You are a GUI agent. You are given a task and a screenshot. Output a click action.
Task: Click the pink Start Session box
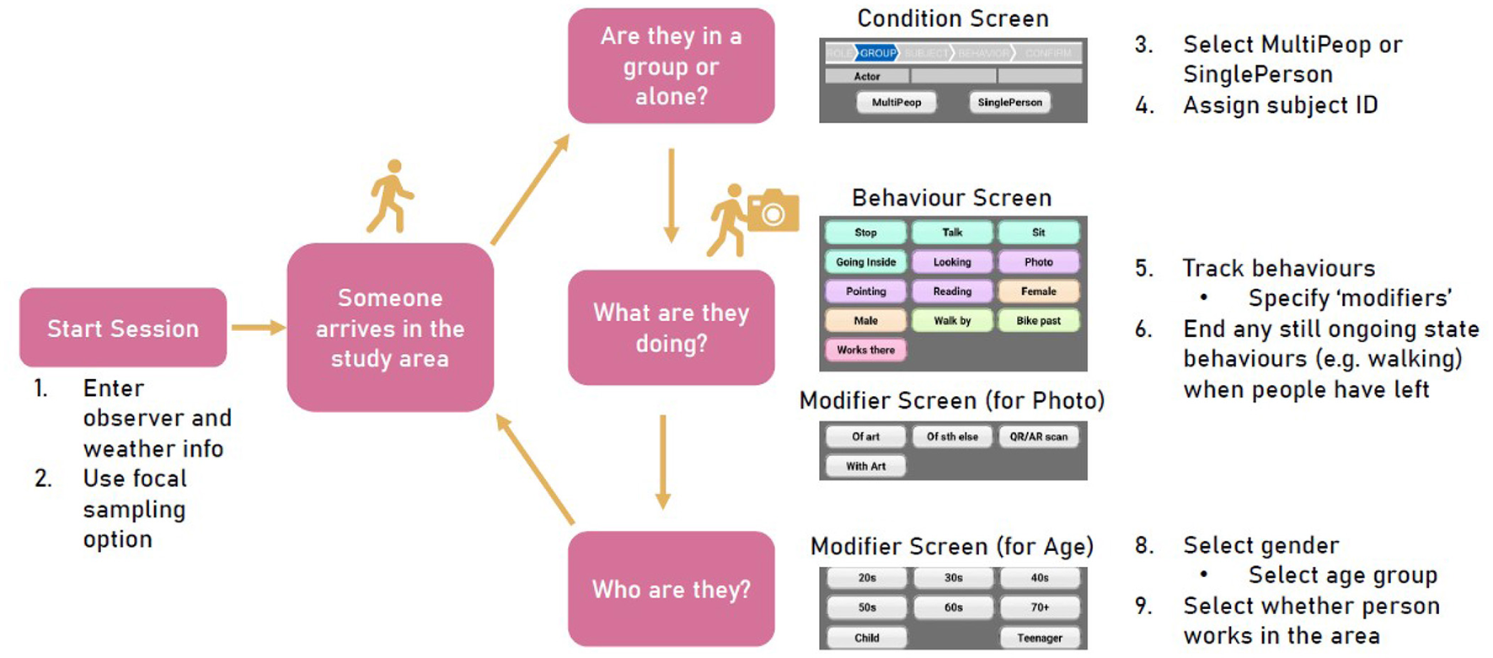click(x=123, y=328)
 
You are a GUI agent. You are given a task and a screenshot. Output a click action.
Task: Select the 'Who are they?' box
click(x=671, y=589)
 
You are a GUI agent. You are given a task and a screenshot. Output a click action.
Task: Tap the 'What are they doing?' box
click(x=671, y=328)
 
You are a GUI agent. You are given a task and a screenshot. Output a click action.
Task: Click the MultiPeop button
click(x=896, y=102)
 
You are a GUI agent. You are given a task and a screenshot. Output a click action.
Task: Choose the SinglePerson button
click(x=1009, y=102)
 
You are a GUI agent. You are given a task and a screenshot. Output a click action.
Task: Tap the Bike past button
click(x=1038, y=320)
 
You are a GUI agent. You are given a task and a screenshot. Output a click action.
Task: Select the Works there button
click(x=865, y=350)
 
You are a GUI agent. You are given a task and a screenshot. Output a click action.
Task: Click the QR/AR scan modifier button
click(x=1038, y=436)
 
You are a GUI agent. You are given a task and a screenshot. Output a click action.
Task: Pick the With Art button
click(x=865, y=466)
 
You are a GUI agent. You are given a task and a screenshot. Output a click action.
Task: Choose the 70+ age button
click(x=1040, y=607)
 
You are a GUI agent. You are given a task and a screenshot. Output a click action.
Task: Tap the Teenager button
click(x=1040, y=638)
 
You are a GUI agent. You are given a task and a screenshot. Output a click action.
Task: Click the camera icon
click(x=773, y=211)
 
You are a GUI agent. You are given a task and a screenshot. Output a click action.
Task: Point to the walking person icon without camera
click(x=390, y=196)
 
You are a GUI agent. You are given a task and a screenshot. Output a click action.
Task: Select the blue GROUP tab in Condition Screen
click(x=877, y=53)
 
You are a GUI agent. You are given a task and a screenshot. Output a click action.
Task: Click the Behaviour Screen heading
click(x=951, y=198)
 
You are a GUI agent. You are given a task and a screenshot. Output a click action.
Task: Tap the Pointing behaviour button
click(x=865, y=292)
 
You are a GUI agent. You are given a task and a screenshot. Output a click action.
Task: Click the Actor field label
click(x=866, y=77)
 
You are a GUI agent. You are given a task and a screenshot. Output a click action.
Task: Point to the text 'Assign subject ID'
click(x=1280, y=105)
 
